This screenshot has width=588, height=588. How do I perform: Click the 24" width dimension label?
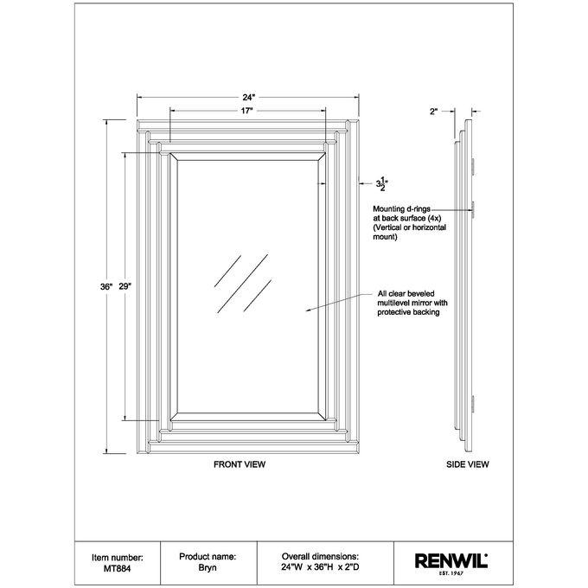click(x=249, y=98)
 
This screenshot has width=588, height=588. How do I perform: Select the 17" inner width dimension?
click(x=246, y=111)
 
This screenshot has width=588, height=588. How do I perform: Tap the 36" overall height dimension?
click(x=106, y=287)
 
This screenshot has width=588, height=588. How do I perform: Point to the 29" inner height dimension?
click(x=125, y=287)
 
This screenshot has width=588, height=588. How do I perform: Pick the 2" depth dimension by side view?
click(x=434, y=112)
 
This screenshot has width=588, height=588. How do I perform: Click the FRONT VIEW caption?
click(x=240, y=464)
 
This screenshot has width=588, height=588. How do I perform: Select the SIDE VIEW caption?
click(x=468, y=464)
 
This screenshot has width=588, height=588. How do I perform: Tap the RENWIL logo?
click(x=451, y=561)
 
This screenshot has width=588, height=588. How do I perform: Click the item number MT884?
click(x=117, y=568)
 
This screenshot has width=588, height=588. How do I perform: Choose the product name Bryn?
click(x=208, y=568)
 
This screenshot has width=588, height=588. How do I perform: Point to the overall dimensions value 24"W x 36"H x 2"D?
click(x=320, y=567)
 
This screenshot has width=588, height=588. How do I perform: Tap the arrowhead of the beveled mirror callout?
click(x=307, y=310)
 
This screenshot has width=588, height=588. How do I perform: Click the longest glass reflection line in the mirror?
click(x=243, y=284)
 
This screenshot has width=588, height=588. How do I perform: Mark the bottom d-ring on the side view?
click(x=473, y=408)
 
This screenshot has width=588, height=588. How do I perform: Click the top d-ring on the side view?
click(x=473, y=167)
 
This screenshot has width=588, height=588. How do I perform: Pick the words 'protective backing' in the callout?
click(x=408, y=312)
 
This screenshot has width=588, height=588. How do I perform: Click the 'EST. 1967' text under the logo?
click(x=451, y=573)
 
